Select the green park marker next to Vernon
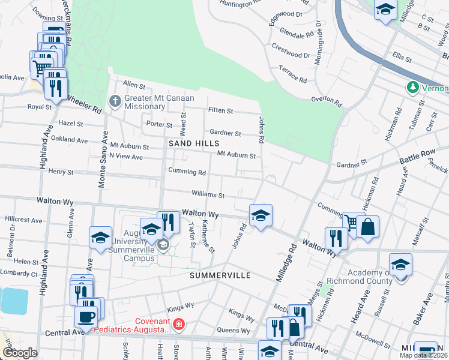click(412, 88)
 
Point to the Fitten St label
click(220, 111)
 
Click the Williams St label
click(208, 194)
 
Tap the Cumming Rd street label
click(187, 172)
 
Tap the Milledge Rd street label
click(286, 263)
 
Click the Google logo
click(20, 353)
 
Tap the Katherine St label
click(208, 236)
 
